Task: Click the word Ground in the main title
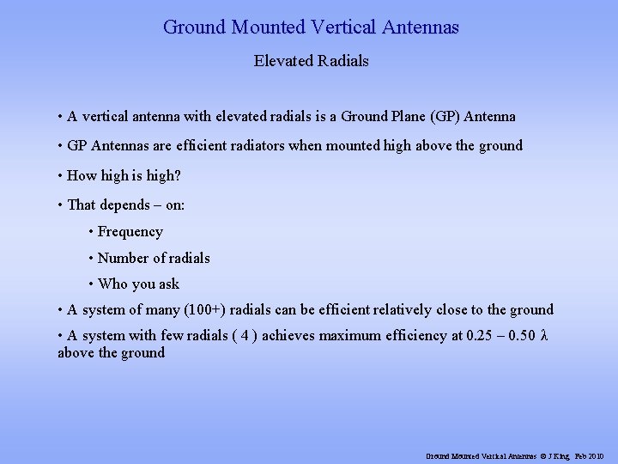(195, 27)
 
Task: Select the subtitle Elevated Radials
(312, 62)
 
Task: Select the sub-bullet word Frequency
(130, 232)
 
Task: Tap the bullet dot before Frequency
(91, 232)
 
